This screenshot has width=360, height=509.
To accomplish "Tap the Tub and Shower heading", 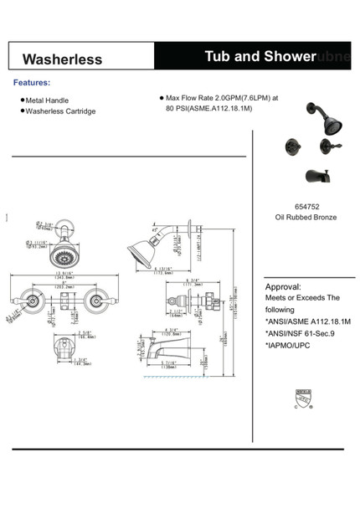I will [x=259, y=56].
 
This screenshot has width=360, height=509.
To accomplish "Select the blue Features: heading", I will [x=32, y=83].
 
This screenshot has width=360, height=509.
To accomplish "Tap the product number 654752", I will [x=306, y=205].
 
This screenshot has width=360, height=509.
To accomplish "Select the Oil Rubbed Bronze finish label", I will [x=306, y=217].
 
